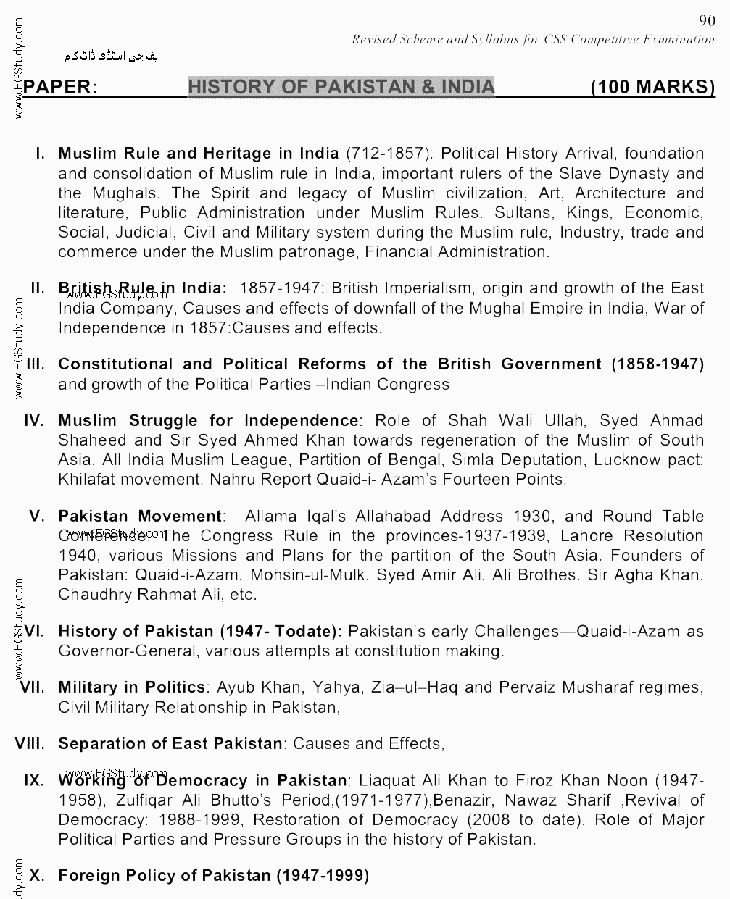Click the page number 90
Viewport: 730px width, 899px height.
tap(707, 20)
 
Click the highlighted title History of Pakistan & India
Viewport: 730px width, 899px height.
tap(341, 87)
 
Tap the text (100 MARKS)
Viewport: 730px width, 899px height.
tap(652, 87)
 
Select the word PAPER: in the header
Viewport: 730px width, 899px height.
tap(60, 88)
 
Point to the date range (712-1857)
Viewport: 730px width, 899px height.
tap(389, 154)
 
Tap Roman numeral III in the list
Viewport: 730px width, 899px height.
tap(36, 364)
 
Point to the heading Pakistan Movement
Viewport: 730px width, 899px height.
tap(140, 517)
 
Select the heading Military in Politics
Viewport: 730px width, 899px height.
tap(132, 687)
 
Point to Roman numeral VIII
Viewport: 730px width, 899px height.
tap(30, 743)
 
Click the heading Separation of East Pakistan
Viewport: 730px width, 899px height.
tap(170, 743)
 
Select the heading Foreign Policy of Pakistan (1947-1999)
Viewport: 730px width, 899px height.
tap(213, 875)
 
